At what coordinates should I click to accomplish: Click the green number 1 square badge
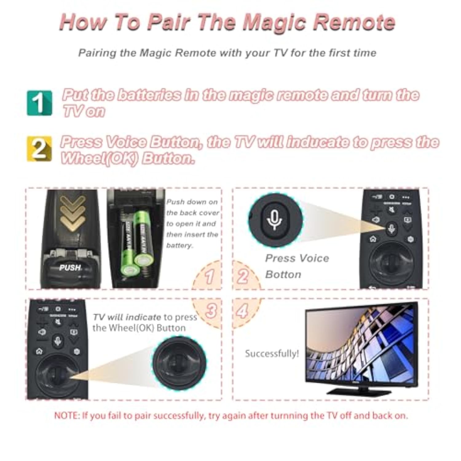coord(39,103)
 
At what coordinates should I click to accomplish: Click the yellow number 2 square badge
coord(39,149)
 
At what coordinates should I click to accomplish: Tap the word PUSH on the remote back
coord(70,268)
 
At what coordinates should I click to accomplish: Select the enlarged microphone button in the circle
coord(274,220)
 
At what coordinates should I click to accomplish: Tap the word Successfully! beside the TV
coord(272,354)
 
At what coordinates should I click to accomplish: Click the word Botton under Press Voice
coord(283,274)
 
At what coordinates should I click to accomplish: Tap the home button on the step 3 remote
coord(39,351)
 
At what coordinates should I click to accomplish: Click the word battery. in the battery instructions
coord(179,246)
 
